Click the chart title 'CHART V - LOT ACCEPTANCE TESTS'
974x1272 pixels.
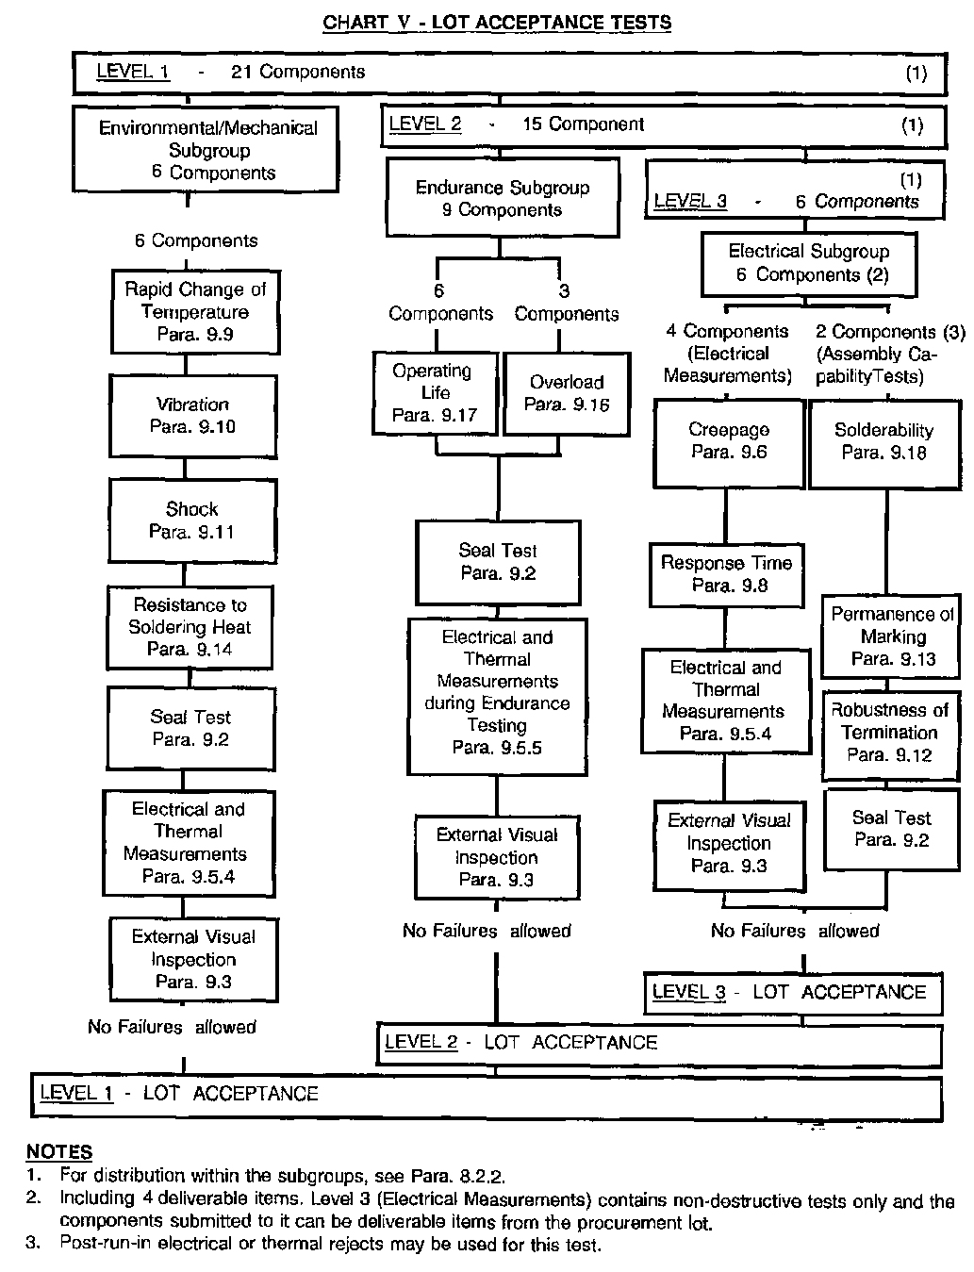[x=497, y=23]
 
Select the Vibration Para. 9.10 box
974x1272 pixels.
[x=193, y=415]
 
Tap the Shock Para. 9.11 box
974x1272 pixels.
[x=192, y=520]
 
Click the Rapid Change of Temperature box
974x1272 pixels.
[x=195, y=312]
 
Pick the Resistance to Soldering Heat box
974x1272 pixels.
[x=190, y=627]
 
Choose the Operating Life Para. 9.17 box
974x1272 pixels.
[x=435, y=392]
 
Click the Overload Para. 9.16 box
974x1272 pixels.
[x=567, y=393]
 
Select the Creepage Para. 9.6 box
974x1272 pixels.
[x=729, y=441]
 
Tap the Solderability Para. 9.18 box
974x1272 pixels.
[x=884, y=441]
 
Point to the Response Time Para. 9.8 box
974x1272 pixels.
[x=727, y=574]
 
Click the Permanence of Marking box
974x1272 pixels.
[x=893, y=636]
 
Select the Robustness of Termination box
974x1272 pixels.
[x=891, y=732]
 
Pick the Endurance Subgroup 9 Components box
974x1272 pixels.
[x=503, y=198]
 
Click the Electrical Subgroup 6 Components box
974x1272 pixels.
[x=809, y=263]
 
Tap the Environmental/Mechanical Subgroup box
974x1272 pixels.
[x=207, y=150]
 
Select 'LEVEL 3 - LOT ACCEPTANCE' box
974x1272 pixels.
[x=792, y=992]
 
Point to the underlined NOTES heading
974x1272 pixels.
[x=59, y=1151]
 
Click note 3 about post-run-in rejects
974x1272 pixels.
[x=330, y=1244]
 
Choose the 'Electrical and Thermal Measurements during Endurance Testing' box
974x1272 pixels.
[x=497, y=693]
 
